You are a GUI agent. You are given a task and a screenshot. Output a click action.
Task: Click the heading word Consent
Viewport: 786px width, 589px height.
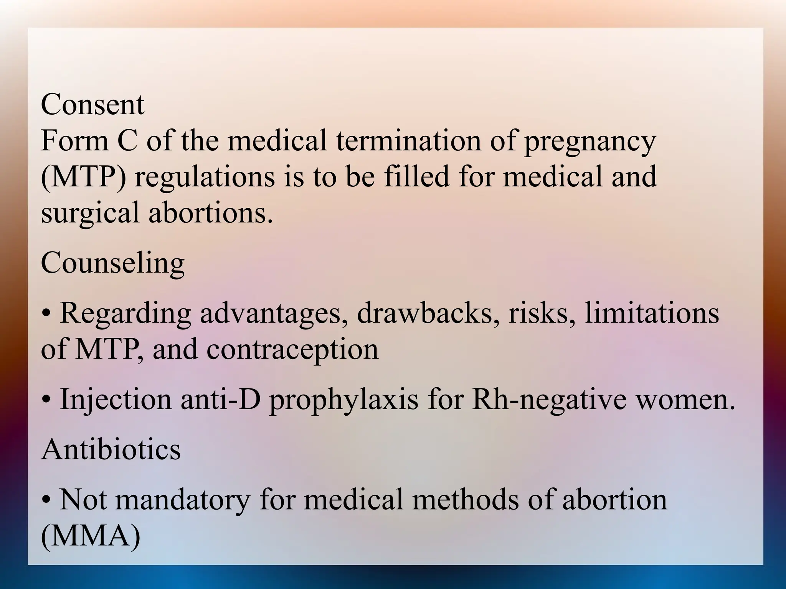point(92,104)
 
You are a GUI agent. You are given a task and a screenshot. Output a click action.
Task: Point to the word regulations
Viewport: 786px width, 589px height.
point(205,177)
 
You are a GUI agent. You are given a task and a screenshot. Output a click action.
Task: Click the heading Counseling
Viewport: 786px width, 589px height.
point(112,264)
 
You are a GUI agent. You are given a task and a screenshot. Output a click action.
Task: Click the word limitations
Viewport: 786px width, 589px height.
point(652,314)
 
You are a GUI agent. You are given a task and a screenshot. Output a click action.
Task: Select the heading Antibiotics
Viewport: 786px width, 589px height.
point(111,449)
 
